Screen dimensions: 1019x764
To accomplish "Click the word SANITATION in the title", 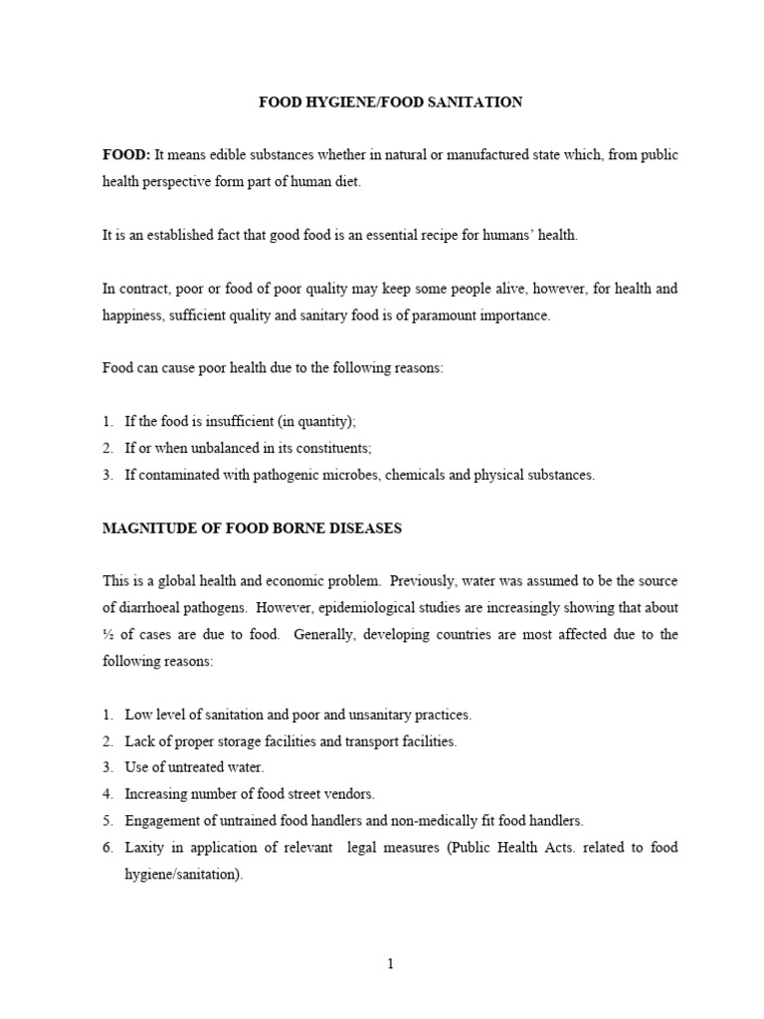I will [476, 102].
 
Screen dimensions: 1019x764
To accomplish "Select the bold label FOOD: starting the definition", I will [126, 156].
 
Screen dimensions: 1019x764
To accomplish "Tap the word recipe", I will [434, 236].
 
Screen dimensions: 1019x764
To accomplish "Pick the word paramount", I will [445, 315].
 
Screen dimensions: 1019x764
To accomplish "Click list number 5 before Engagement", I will [107, 821].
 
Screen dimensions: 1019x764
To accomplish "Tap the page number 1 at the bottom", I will [391, 964].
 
